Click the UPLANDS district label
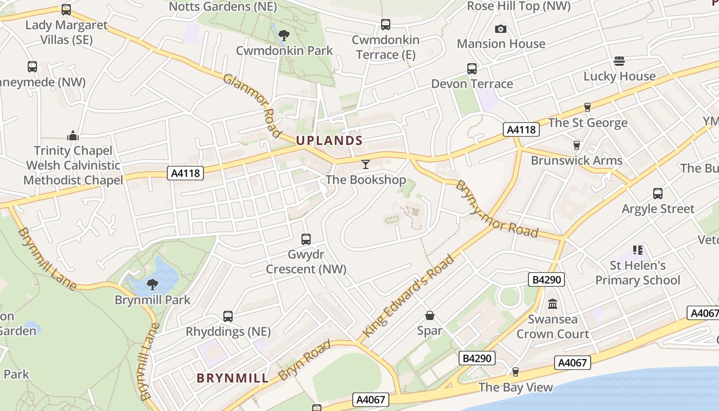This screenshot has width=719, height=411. pos(329,140)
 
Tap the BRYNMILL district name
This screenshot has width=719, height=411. pos(233,379)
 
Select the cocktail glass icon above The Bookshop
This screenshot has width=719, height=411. pos(366,164)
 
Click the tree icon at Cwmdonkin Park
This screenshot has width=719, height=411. pos(283,35)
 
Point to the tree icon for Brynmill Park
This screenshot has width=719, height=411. pos(152,284)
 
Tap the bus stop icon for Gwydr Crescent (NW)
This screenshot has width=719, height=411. pos(306,239)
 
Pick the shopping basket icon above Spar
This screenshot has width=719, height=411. pos(429,315)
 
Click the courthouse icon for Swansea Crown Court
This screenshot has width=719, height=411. pos(553,304)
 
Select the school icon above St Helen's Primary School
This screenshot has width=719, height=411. pos(637,250)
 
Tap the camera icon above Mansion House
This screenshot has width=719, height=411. pos(501,29)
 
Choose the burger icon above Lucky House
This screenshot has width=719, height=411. pos(619,61)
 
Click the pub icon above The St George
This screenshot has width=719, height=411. pos(588,107)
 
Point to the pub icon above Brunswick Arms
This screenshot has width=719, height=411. pos(577,145)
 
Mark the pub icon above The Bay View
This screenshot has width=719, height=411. pos(516,371)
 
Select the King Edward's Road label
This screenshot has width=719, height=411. pos(409,296)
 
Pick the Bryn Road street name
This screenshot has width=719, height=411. pos(305,360)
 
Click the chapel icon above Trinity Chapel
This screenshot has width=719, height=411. pos(72,136)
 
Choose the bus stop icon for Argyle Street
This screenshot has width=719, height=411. pos(658,194)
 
